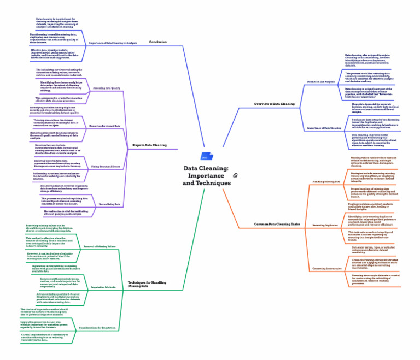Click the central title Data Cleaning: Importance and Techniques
206,176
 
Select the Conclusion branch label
157,42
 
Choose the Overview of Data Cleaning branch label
274,104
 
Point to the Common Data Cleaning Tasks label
277,225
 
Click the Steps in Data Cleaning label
150,145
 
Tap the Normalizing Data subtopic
109,204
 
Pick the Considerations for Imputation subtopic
97,327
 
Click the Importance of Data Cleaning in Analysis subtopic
113,43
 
